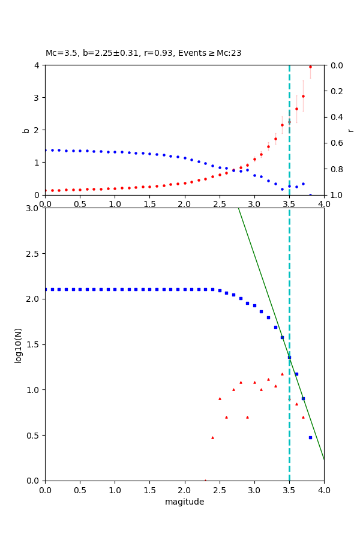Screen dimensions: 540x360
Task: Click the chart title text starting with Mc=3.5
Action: (143, 53)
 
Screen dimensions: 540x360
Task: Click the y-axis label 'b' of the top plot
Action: (26, 130)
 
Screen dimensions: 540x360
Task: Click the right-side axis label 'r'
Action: (351, 130)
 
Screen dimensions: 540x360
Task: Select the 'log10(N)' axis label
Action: (18, 344)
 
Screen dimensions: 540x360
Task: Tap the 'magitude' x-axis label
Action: (184, 502)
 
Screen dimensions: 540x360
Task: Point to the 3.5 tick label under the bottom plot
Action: (289, 490)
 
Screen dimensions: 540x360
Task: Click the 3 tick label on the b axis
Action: (37, 98)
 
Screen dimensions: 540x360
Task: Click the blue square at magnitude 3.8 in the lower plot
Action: (310, 437)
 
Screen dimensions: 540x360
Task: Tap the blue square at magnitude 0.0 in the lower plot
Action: (46, 289)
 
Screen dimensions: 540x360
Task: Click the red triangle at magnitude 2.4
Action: (212, 437)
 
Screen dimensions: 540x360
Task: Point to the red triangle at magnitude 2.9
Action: (247, 417)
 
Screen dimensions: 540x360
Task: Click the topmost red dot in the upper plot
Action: (310, 67)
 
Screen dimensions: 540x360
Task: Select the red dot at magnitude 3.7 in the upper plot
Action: (303, 96)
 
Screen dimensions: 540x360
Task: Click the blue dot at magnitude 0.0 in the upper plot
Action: (46, 150)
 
